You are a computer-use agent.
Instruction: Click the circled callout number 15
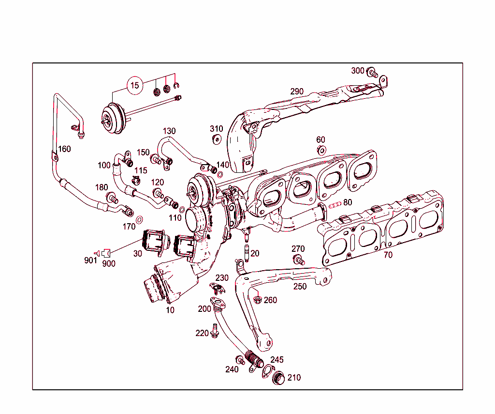point(135,86)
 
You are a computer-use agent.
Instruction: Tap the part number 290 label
point(297,92)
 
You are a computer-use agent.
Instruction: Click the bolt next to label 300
point(372,73)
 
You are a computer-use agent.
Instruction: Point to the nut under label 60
point(321,150)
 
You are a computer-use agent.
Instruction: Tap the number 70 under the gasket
point(388,255)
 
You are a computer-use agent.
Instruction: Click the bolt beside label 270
point(299,260)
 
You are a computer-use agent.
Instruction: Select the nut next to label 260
point(258,300)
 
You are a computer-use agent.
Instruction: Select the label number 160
point(64,149)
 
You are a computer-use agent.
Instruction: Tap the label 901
point(90,261)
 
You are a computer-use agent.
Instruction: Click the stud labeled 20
point(246,252)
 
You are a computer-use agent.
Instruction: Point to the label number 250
point(300,287)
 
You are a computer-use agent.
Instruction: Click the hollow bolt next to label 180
point(113,198)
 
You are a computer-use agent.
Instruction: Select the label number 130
point(169,131)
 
